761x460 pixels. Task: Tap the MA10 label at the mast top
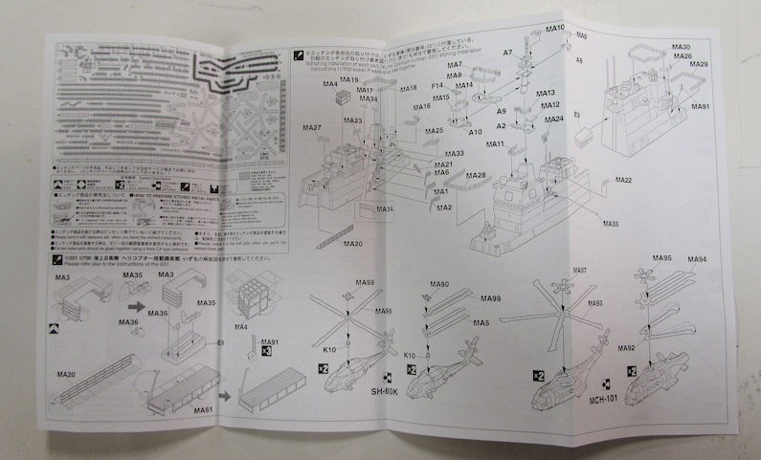(x=554, y=28)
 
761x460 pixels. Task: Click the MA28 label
(x=476, y=175)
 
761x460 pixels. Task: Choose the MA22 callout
(x=623, y=181)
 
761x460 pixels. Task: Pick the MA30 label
(x=682, y=47)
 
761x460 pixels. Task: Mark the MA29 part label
(x=699, y=65)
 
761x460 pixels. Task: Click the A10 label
(x=476, y=131)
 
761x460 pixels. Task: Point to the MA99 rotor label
(x=363, y=284)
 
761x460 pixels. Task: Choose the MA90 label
(x=439, y=285)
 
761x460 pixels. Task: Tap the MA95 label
(x=661, y=259)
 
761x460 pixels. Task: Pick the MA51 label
(x=202, y=410)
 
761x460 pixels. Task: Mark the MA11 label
(x=495, y=144)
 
